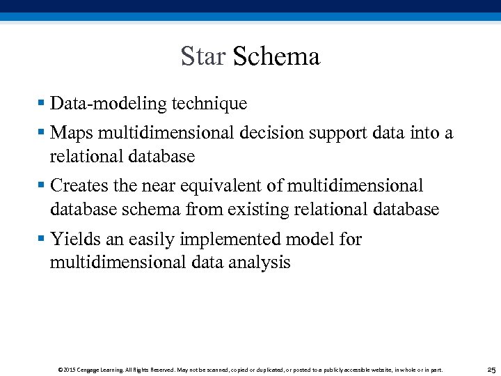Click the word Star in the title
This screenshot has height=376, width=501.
[202, 56]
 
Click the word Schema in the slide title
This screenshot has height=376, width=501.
[276, 56]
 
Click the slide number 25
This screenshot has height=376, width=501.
[491, 370]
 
